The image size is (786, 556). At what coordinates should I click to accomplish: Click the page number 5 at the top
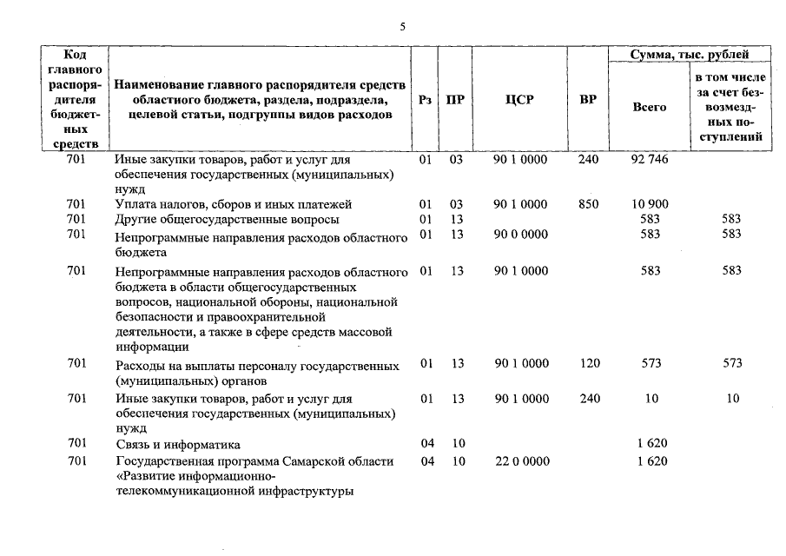point(402,26)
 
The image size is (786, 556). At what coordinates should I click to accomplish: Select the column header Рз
point(425,100)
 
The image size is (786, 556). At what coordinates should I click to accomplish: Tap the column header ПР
point(455,100)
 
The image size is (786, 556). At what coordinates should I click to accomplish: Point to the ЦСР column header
point(519,100)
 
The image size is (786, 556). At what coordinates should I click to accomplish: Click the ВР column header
point(588,100)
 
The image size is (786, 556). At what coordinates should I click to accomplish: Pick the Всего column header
point(650,107)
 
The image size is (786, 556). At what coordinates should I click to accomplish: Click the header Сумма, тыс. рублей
point(690,56)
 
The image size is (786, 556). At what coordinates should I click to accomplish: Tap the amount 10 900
point(650,204)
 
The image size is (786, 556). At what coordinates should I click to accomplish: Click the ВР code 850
point(588,204)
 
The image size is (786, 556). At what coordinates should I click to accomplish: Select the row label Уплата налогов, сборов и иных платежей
point(233,204)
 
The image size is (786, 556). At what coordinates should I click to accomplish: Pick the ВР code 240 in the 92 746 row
point(588,160)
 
